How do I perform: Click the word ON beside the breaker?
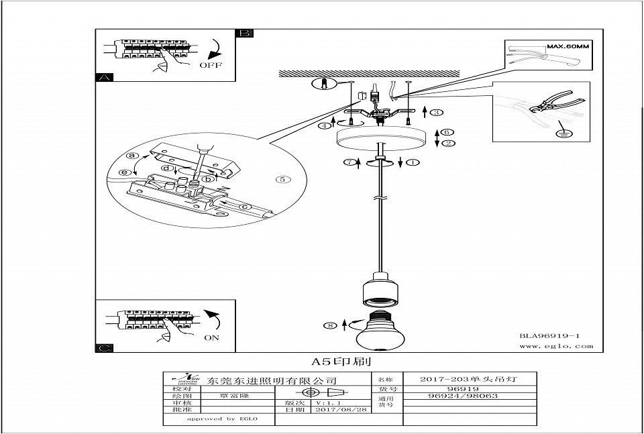click(212, 337)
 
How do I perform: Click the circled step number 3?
click(437, 113)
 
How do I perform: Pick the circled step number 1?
click(413, 162)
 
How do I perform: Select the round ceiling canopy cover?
click(380, 138)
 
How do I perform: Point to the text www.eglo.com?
click(557, 347)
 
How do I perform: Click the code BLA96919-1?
click(549, 335)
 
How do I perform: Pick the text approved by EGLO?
click(212, 419)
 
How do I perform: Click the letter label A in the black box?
click(103, 78)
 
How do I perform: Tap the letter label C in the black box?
click(103, 347)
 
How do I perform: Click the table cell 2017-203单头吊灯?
click(468, 380)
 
